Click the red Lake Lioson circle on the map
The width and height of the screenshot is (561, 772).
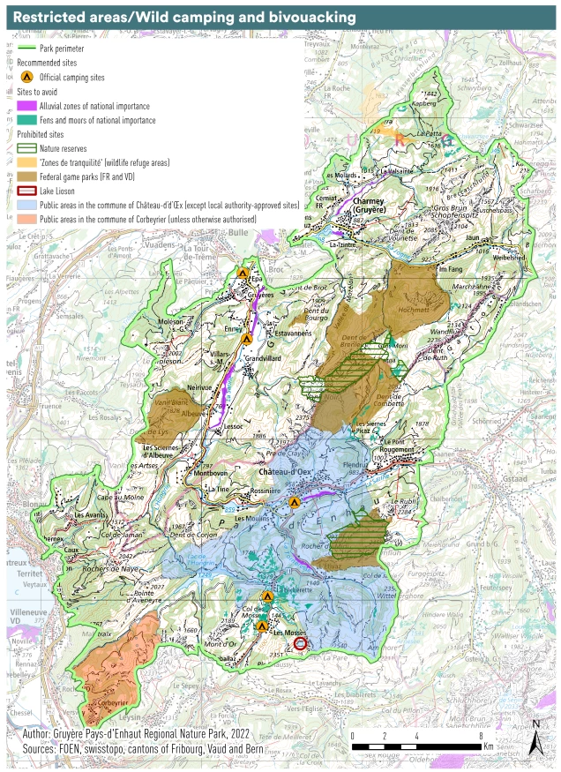click(301, 644)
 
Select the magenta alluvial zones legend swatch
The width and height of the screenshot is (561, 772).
click(26, 105)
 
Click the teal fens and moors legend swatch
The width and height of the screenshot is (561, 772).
click(26, 119)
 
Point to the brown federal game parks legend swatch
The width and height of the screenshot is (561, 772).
click(26, 176)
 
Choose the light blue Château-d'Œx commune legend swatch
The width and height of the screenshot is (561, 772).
click(26, 204)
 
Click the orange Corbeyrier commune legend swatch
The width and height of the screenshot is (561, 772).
click(26, 218)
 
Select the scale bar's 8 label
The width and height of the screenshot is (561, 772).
click(480, 735)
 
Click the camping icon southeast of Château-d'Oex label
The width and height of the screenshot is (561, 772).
click(295, 501)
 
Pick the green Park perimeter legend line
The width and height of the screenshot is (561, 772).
click(27, 49)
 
